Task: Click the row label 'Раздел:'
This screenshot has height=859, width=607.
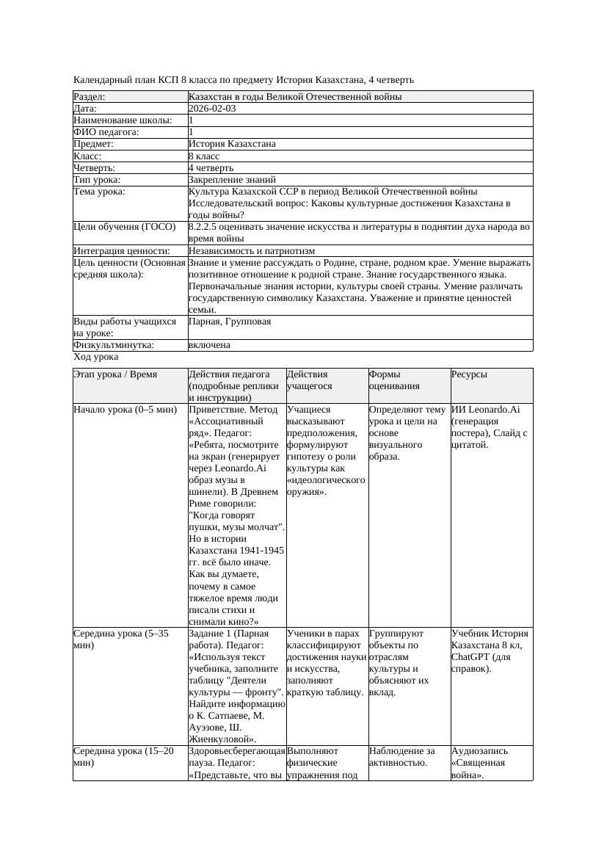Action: pyautogui.click(x=90, y=97)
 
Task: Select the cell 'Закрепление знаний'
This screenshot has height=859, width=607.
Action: pyautogui.click(x=232, y=179)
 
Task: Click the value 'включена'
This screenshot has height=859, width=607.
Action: pyautogui.click(x=209, y=345)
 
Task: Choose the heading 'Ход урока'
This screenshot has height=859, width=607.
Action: pyautogui.click(x=96, y=357)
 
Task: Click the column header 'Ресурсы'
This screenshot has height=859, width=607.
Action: pyautogui.click(x=469, y=374)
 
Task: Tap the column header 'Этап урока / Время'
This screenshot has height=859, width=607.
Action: pyautogui.click(x=115, y=374)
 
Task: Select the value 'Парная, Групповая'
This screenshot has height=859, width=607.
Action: pyautogui.click(x=230, y=322)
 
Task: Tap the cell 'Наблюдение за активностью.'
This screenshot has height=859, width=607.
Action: pyautogui.click(x=402, y=757)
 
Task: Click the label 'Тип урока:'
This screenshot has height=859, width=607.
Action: pyautogui.click(x=97, y=179)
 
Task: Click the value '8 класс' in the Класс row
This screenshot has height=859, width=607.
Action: pyautogui.click(x=206, y=156)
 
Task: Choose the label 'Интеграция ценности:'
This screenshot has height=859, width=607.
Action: pyautogui.click(x=121, y=251)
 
